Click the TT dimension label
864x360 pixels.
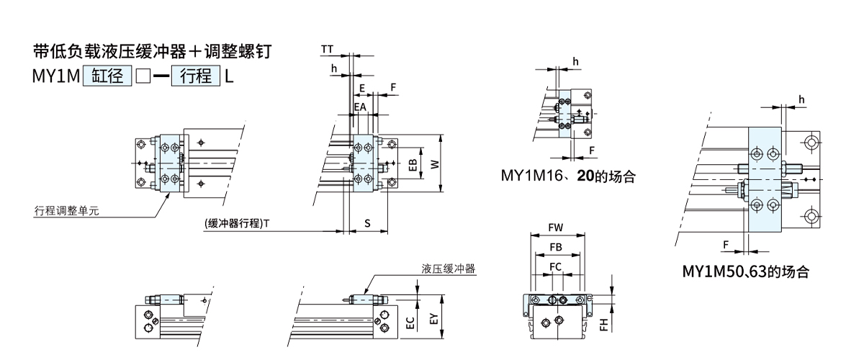pos(327,49)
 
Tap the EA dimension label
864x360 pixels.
pos(360,107)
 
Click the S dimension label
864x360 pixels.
pos(366,223)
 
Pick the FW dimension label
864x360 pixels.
pos(555,228)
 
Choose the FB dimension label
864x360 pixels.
pos(555,247)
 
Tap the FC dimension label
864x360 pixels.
pos(555,266)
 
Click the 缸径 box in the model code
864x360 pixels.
pos(107,76)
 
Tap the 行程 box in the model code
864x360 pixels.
pos(195,76)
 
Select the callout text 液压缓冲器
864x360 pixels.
pos(449,269)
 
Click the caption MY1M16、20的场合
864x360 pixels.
pos(568,176)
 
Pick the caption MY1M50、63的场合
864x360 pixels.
pos(745,272)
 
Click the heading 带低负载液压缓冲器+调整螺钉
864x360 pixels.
pos(153,52)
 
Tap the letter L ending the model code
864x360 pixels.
pos(230,76)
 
